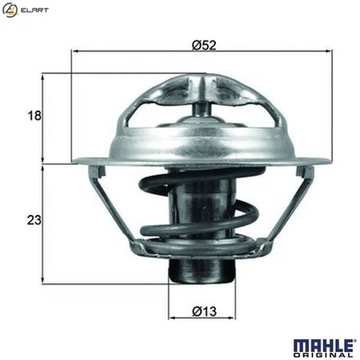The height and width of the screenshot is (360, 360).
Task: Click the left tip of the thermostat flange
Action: [73, 161]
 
